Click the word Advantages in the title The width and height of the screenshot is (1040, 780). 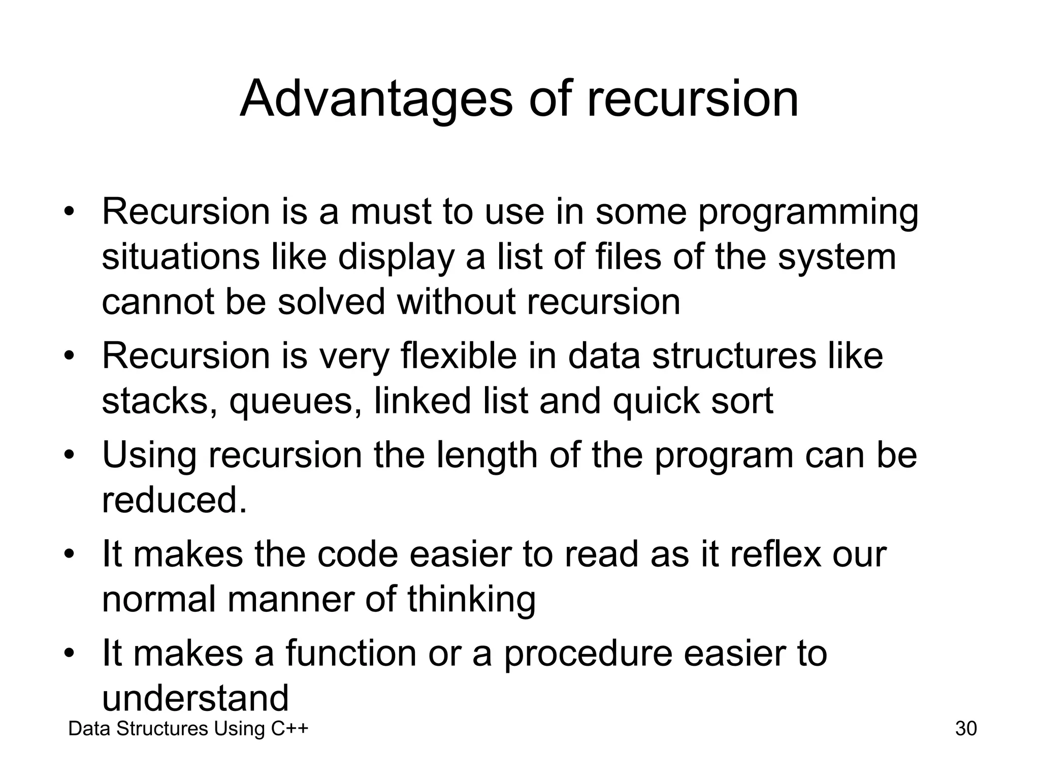tap(376, 99)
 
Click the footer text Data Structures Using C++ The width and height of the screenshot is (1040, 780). tap(188, 729)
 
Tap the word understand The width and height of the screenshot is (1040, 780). tap(195, 698)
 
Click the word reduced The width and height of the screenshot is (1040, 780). tap(174, 500)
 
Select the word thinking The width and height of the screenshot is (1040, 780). tap(471, 599)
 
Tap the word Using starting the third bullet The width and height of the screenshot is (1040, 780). tap(149, 456)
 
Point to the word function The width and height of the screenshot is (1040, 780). tap(351, 653)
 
